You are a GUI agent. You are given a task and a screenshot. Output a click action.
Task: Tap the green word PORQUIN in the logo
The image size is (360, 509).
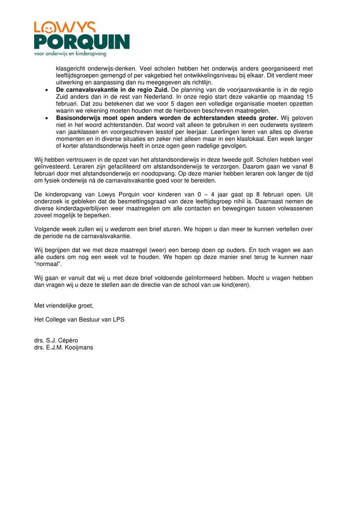81,42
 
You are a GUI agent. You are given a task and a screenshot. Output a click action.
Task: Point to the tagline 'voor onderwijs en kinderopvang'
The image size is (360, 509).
70,53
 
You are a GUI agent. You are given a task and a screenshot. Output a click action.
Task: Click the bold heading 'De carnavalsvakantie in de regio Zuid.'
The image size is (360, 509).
112,89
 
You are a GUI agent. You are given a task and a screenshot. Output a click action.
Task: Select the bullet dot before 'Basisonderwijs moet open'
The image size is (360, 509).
47,118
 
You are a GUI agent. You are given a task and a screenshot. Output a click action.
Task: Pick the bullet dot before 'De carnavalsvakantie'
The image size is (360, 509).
47,89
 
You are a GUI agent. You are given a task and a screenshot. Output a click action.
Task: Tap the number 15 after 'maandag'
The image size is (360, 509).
309,97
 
